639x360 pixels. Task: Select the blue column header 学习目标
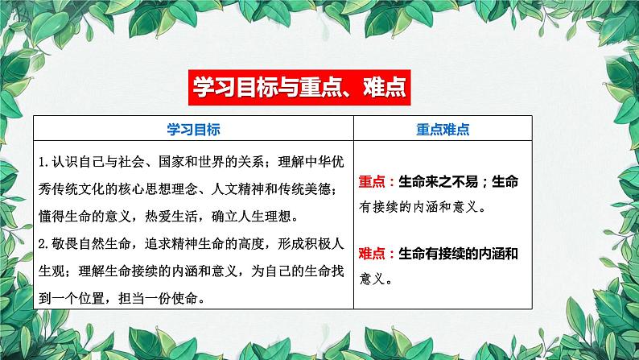pyautogui.click(x=193, y=129)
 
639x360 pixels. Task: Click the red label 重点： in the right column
pyautogui.click(x=378, y=180)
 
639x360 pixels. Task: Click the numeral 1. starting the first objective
pyautogui.click(x=44, y=159)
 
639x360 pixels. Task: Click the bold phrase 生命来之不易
pyautogui.click(x=443, y=180)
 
